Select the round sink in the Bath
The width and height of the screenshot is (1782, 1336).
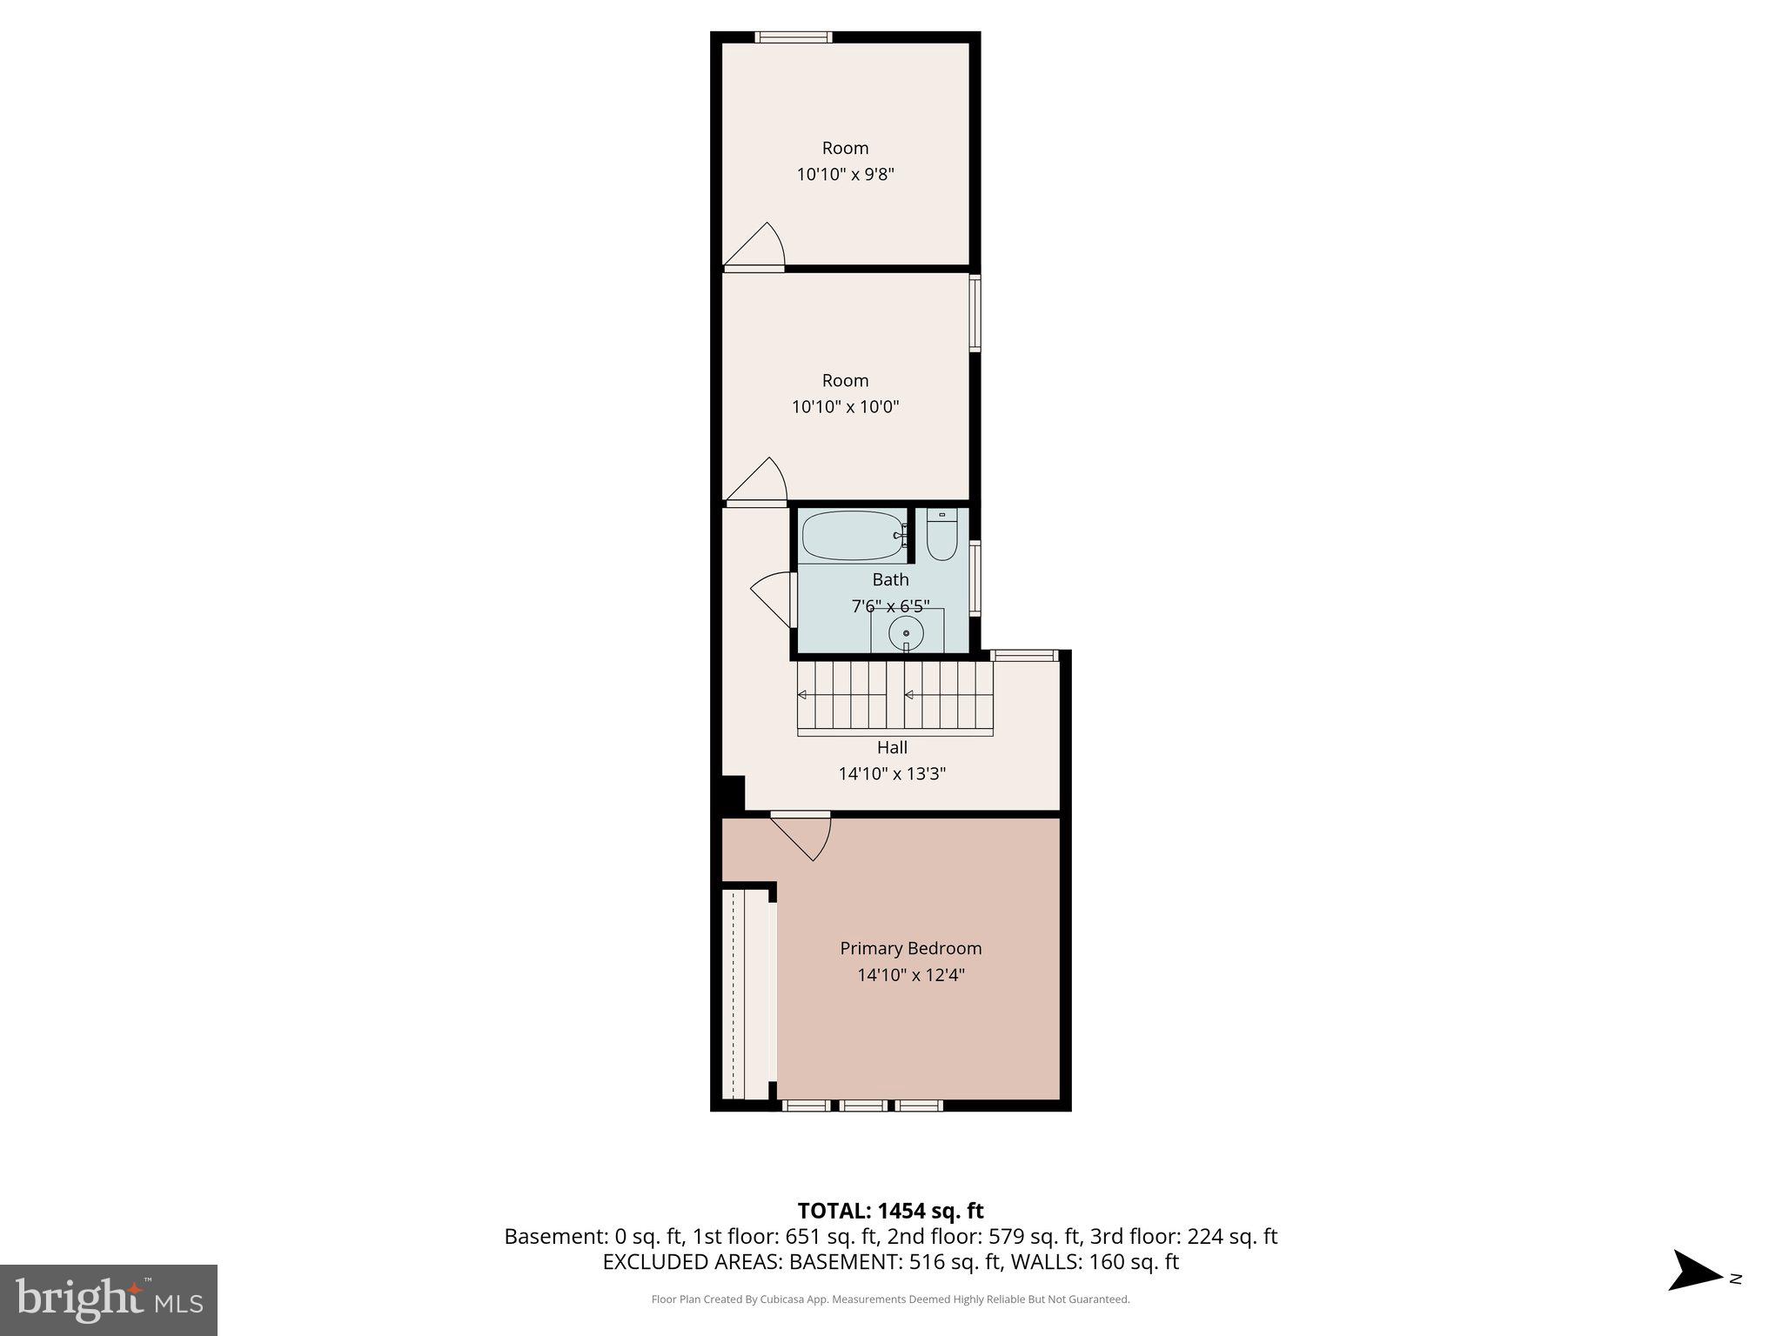906,633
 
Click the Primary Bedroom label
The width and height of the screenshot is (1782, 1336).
910,948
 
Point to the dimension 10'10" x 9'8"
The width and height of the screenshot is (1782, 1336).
845,174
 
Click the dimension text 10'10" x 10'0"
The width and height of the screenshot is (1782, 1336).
845,406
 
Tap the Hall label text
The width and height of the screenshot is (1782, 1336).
892,747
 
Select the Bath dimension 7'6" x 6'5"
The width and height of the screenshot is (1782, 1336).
890,605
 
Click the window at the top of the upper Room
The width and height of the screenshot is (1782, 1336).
793,37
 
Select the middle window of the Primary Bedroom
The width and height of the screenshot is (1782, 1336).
863,1106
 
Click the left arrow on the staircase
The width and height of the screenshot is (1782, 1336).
802,694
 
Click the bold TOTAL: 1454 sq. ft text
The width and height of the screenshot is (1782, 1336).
890,1211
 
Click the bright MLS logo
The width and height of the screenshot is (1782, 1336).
109,1299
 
